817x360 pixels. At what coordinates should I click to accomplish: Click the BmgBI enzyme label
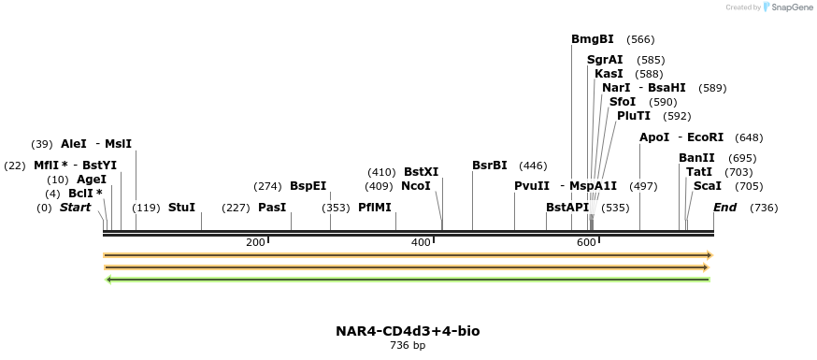[592, 39]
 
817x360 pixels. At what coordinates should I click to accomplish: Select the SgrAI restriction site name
[604, 60]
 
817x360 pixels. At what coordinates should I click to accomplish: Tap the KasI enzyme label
[608, 74]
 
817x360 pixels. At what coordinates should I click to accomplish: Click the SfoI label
[622, 102]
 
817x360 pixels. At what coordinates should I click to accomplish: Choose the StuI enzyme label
[181, 208]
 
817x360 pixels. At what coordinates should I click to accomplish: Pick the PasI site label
[271, 208]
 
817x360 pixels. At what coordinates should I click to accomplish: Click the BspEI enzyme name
[308, 186]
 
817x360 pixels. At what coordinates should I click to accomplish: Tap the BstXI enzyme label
[421, 172]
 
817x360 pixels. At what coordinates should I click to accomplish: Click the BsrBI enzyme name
[489, 166]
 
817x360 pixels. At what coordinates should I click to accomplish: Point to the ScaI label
[707, 186]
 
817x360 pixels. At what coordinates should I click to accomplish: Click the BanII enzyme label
[696, 158]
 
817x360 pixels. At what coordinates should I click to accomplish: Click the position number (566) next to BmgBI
[640, 39]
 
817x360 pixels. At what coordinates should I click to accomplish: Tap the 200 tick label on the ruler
[255, 243]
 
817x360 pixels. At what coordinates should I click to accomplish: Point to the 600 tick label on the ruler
[586, 243]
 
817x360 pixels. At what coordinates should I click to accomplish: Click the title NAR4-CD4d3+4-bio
[408, 331]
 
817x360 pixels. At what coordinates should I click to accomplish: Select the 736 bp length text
[408, 346]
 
